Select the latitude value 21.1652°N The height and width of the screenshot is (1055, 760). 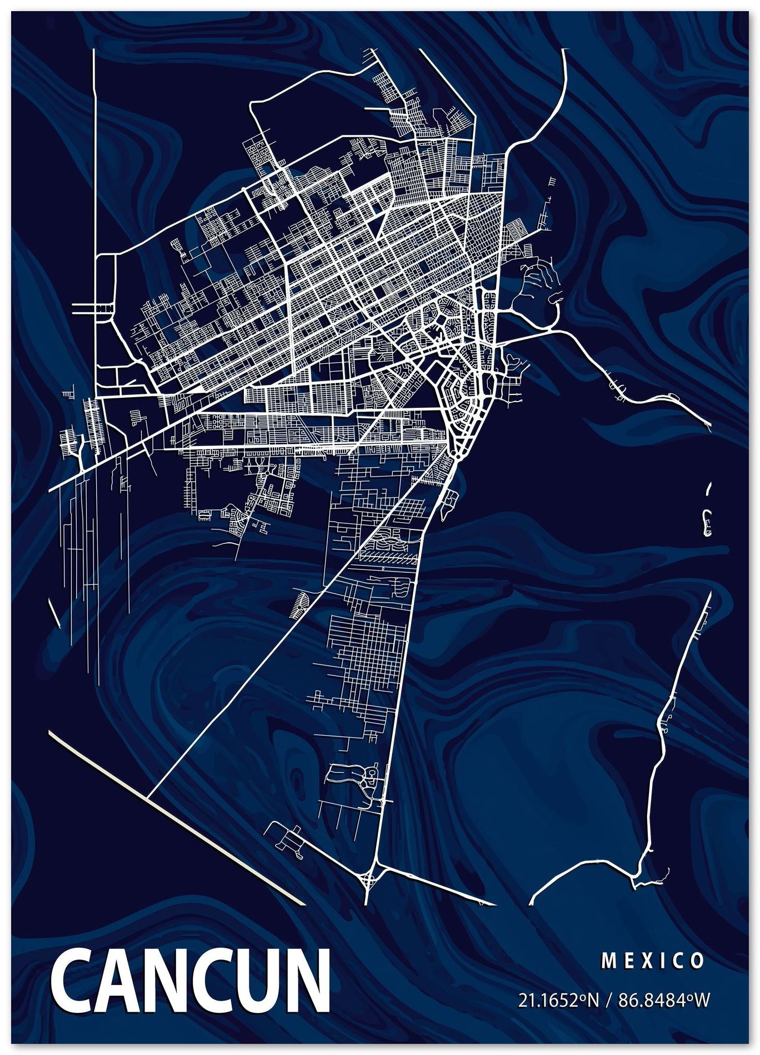(x=559, y=1000)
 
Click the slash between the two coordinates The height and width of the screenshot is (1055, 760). (x=609, y=1000)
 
